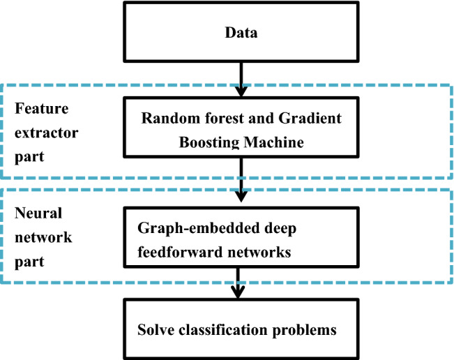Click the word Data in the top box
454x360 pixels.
(241, 33)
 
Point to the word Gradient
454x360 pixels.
(314, 119)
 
